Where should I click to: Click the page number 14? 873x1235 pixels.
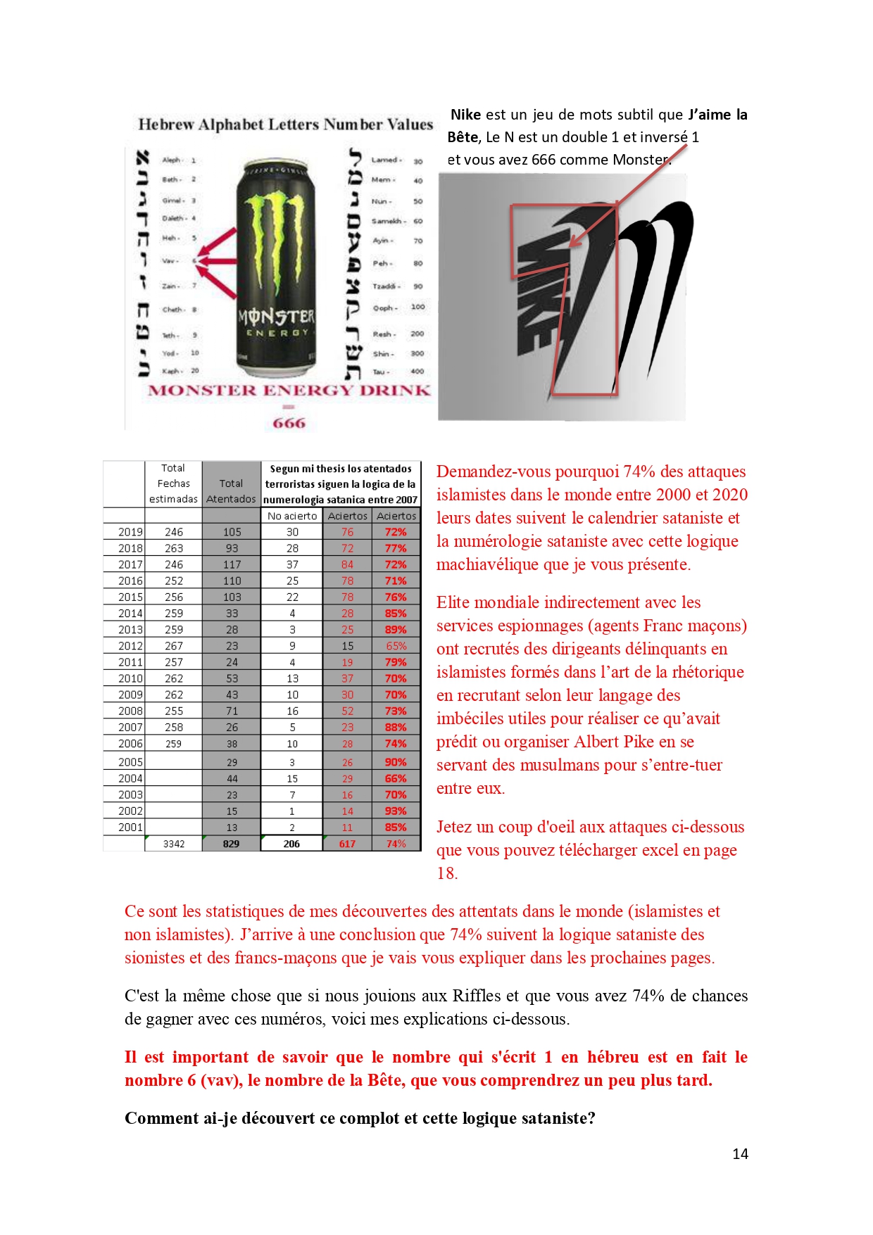click(x=740, y=1153)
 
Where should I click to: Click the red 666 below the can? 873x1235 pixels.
click(x=289, y=423)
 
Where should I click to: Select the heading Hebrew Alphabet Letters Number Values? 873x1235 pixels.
click(x=285, y=125)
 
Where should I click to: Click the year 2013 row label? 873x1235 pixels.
click(x=130, y=630)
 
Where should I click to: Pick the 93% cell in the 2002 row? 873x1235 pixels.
click(x=396, y=811)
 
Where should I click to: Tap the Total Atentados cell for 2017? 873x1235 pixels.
click(x=232, y=564)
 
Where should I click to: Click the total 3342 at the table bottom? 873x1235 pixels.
click(x=174, y=844)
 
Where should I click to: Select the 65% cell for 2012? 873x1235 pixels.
click(x=396, y=646)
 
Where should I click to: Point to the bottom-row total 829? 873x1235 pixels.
click(x=232, y=844)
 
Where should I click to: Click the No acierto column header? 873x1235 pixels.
click(x=292, y=516)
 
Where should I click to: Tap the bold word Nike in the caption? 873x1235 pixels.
click(x=465, y=115)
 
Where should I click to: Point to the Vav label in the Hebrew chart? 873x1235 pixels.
click(x=169, y=260)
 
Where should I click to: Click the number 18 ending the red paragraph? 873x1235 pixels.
click(x=446, y=873)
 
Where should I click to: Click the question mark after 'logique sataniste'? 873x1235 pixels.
click(x=591, y=1118)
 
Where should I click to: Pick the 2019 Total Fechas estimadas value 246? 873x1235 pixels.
click(x=174, y=532)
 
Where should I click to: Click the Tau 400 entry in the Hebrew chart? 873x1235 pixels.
click(x=398, y=372)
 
